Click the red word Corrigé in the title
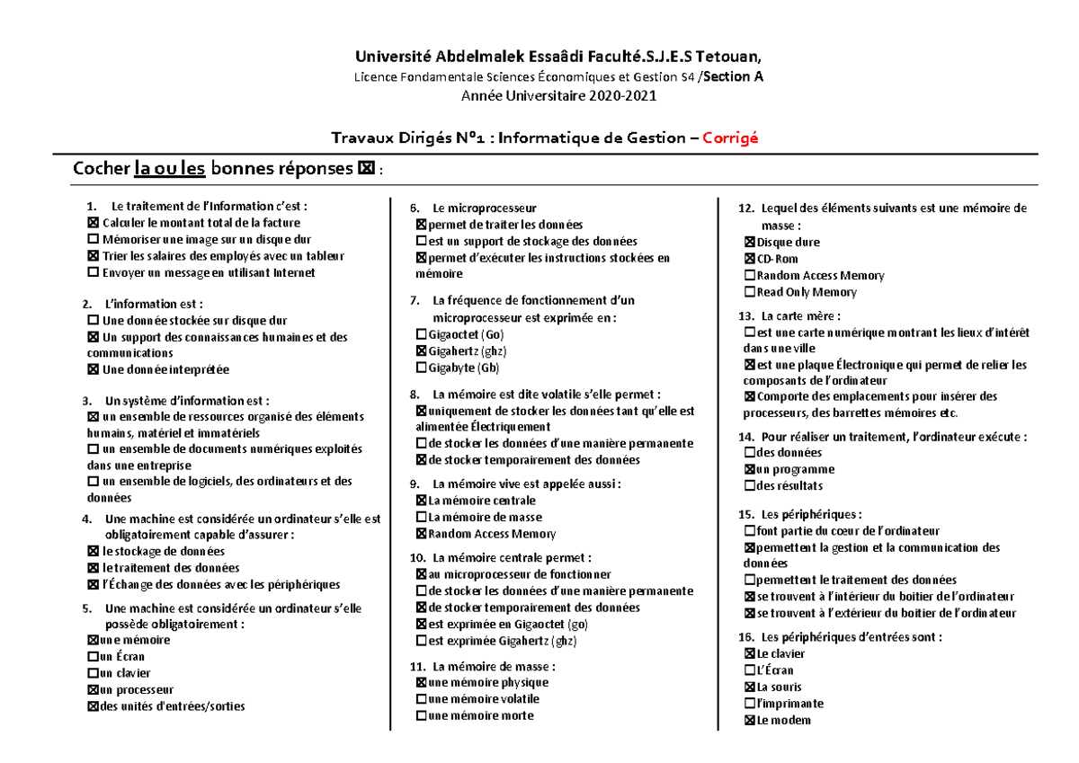(x=730, y=138)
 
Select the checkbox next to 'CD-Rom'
(x=750, y=259)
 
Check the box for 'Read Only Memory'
(x=750, y=292)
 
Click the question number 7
(x=415, y=300)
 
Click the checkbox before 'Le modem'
(x=750, y=721)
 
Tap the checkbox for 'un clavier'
(x=93, y=673)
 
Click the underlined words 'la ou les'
(x=170, y=168)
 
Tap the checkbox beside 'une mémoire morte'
(x=422, y=716)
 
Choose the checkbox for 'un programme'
(x=750, y=469)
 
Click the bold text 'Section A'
(x=733, y=77)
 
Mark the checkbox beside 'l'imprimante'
(x=750, y=704)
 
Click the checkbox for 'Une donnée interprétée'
(x=93, y=369)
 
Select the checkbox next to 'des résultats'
(x=750, y=486)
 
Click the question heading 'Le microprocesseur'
(x=484, y=208)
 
